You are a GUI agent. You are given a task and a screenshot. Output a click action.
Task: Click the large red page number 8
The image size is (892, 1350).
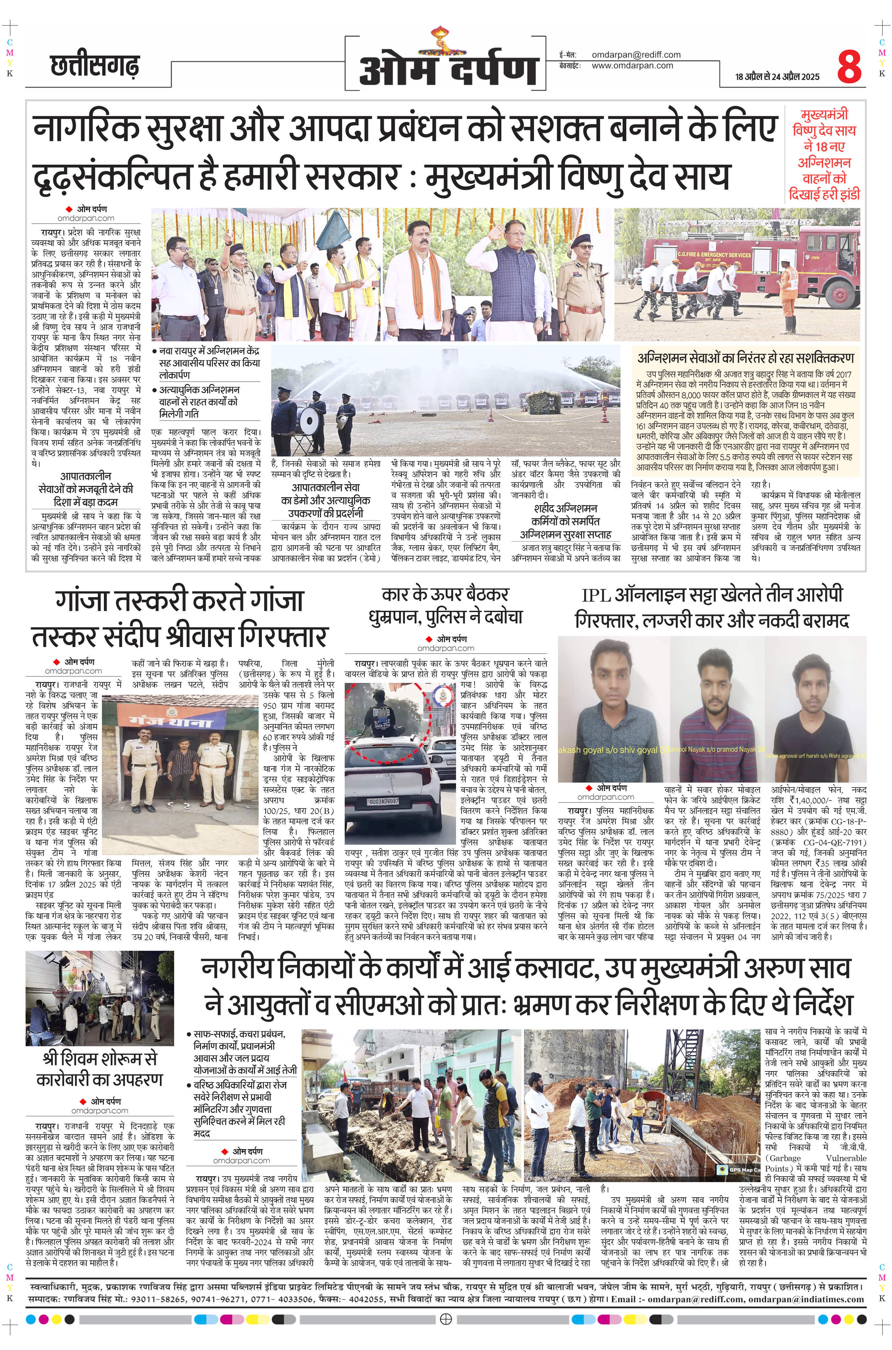pos(849,67)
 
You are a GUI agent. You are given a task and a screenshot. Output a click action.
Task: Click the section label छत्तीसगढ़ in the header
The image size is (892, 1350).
pos(95,67)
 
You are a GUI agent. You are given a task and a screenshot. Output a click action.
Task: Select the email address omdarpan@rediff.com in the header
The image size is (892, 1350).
pos(636,55)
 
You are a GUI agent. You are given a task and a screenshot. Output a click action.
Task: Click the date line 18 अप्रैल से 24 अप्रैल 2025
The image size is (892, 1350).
pos(777,77)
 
